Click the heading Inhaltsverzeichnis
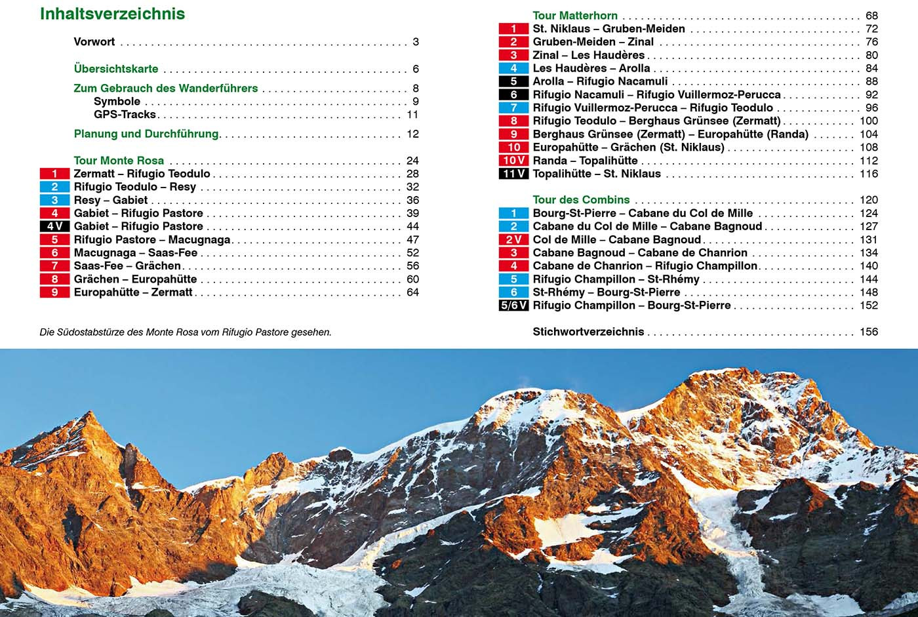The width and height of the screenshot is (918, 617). point(112,14)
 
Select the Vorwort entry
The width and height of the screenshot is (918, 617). point(94,42)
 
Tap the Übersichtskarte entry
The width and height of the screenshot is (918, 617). point(116,69)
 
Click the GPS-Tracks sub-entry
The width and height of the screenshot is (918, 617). point(125,114)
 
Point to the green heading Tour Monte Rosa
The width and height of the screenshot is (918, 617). point(119,161)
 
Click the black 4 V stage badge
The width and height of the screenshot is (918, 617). point(54,226)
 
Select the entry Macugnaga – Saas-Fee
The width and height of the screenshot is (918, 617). point(136,252)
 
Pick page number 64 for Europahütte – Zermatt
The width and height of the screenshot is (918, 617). point(412,292)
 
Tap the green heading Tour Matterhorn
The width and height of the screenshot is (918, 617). point(575,16)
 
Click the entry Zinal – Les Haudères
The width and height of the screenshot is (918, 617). point(588,55)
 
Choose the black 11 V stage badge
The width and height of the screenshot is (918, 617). point(513,174)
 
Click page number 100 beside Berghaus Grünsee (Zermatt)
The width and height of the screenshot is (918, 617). point(868,121)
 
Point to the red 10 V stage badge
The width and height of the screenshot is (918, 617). point(513,161)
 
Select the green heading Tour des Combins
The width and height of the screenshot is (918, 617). point(581,200)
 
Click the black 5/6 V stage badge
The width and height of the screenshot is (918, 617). point(513,305)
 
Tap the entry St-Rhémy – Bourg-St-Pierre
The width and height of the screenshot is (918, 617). point(606,292)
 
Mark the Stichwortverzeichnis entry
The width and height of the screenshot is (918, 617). point(588,332)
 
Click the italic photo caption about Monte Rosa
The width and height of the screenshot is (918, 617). point(186,332)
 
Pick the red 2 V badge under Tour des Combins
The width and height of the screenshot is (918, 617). point(513,239)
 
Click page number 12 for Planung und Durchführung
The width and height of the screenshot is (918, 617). point(412,134)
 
